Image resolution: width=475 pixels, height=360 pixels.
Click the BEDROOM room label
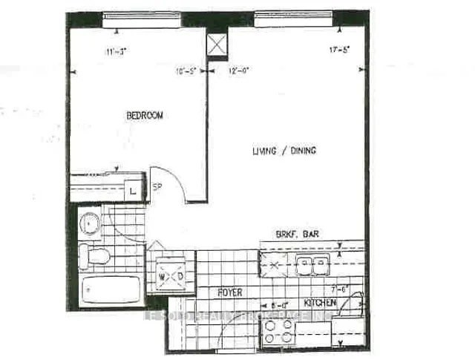tap(145, 116)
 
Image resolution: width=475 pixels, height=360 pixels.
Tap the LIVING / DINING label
tap(284, 151)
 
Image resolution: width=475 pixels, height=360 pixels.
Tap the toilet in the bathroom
tap(94, 256)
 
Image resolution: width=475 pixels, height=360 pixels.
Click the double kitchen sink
tap(312, 261)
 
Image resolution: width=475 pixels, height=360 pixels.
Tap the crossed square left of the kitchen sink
tap(270, 261)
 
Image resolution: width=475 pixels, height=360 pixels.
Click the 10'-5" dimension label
tap(186, 72)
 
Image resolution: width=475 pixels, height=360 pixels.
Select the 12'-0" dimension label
tap(237, 72)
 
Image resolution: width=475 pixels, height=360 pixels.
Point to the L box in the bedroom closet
tap(133, 191)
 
